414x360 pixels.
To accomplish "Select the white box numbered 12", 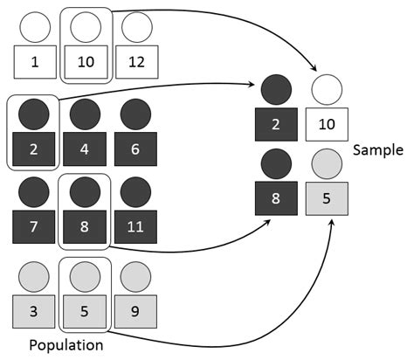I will pyautogui.click(x=136, y=63).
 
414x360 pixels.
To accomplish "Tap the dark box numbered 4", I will pyautogui.click(x=85, y=149).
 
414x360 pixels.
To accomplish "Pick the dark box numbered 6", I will pyautogui.click(x=136, y=149).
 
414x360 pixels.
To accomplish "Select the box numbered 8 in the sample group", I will pyautogui.click(x=276, y=198).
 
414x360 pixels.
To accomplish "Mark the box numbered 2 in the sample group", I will pyautogui.click(x=276, y=124).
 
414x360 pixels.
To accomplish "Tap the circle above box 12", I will pyautogui.click(x=136, y=28).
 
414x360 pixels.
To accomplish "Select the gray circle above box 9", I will pyautogui.click(x=136, y=277).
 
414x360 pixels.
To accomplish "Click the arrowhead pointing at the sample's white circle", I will pyautogui.click(x=315, y=70).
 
